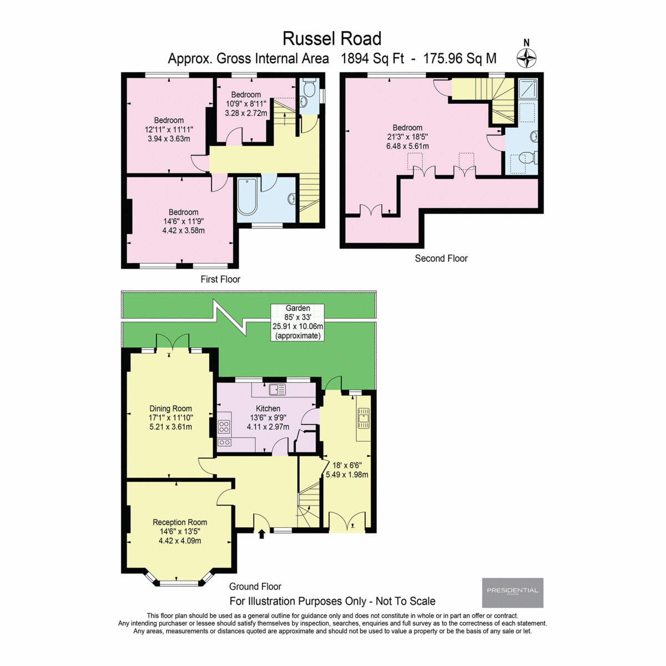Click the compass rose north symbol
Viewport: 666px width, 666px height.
coord(527,58)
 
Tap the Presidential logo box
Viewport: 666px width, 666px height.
coord(512,592)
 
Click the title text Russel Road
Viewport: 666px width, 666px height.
coord(332,38)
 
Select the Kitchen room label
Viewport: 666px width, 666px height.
coord(268,408)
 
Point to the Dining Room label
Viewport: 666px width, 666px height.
coord(170,408)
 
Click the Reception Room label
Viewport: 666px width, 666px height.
coord(180,522)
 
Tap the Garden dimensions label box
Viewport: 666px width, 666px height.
coord(297,322)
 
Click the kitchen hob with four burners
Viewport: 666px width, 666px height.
coord(224,426)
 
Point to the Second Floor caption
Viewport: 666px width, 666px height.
coord(441,258)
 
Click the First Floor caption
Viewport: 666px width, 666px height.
coord(220,279)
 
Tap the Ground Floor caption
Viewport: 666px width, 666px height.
coord(255,587)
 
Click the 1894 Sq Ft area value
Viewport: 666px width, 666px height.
coord(372,59)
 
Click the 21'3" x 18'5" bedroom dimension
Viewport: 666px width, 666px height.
coord(407,137)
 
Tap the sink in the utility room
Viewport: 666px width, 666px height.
coord(364,418)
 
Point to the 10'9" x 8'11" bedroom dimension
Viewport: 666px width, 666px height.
coord(246,104)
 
